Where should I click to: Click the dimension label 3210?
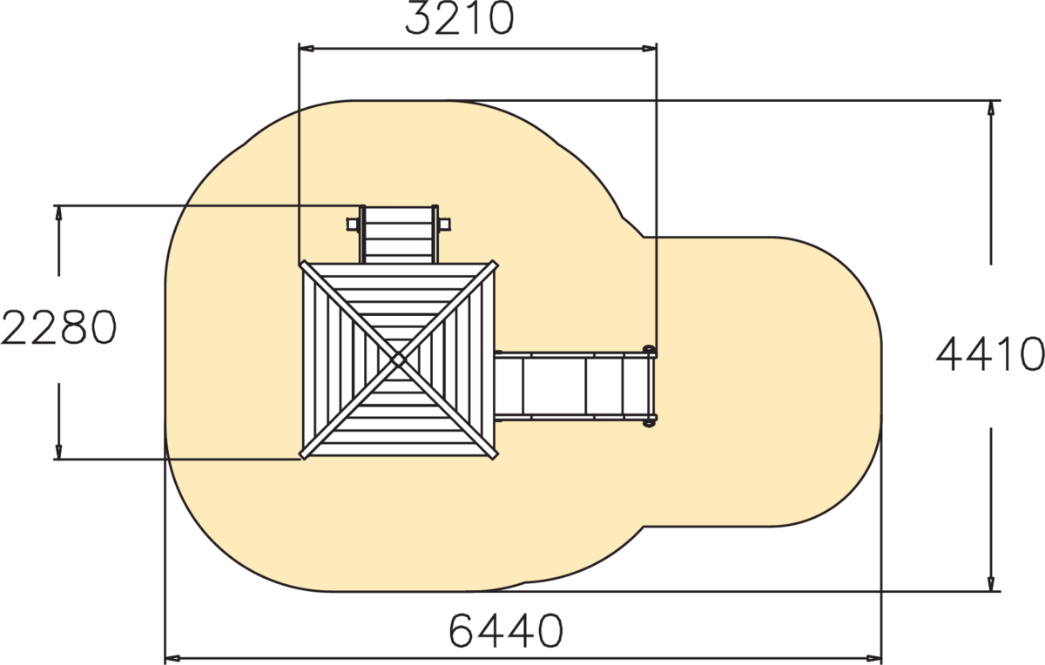(460, 18)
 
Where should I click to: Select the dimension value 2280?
(59, 327)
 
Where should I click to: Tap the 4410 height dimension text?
(990, 354)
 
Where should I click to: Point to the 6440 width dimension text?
(506, 630)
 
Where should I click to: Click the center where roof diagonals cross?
(399, 359)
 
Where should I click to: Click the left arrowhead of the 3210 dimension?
(307, 48)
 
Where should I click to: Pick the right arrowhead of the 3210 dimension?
(650, 48)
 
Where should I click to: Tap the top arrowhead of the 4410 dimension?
(991, 108)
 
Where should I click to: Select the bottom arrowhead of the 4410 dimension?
(991, 583)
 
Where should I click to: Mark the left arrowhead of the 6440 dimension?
(173, 658)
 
